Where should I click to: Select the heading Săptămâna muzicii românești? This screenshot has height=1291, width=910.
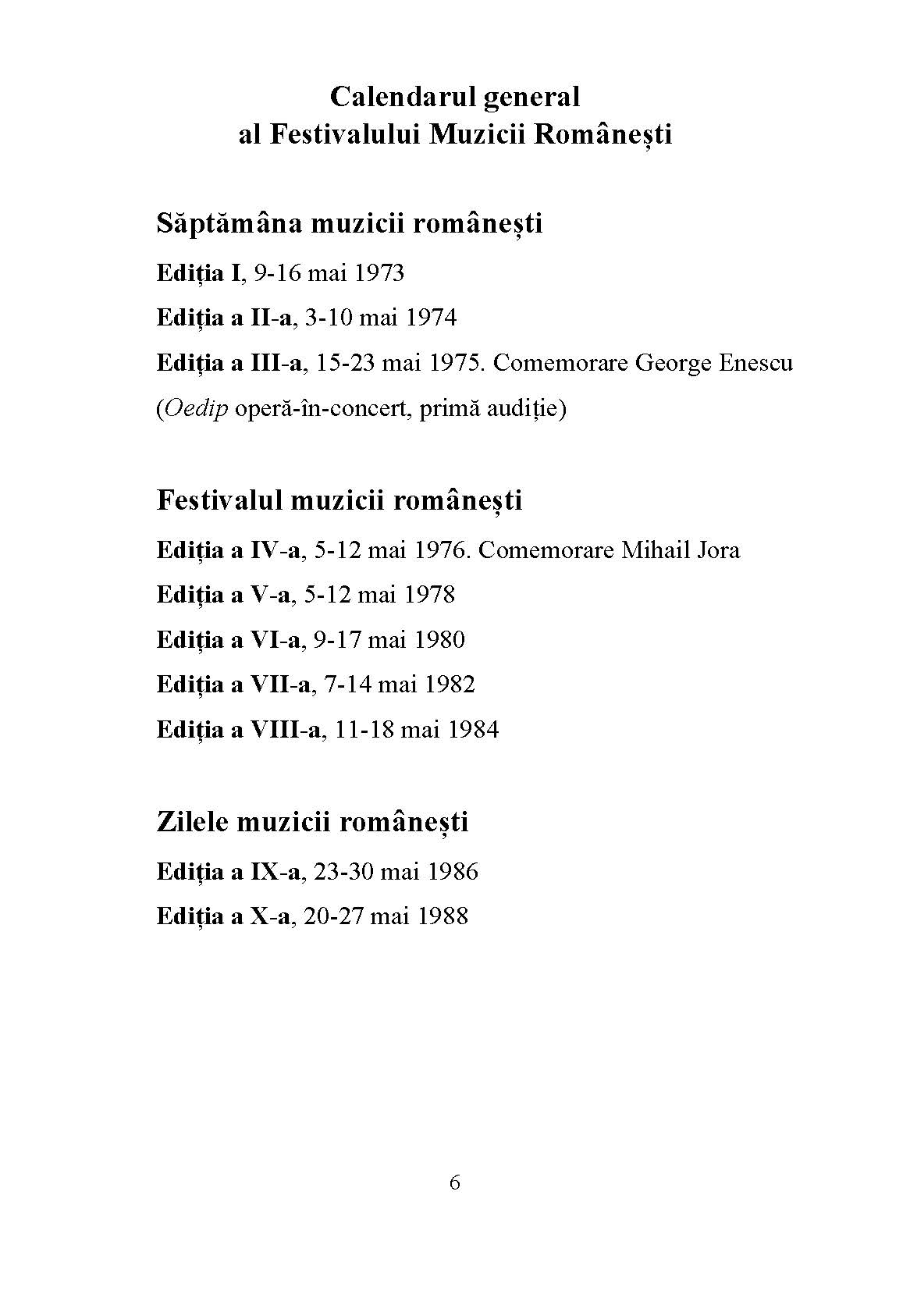[349, 224]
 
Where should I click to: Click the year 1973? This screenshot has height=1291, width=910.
[379, 273]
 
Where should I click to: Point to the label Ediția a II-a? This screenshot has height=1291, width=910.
[224, 318]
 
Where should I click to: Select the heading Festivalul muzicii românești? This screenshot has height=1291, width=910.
[339, 500]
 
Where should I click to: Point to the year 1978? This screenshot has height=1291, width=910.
[429, 595]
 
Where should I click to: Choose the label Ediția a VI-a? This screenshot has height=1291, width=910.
[228, 640]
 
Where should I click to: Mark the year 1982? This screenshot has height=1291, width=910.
[450, 685]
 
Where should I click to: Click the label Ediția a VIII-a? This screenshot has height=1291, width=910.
[239, 730]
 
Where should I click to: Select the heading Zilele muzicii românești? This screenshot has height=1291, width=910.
[312, 822]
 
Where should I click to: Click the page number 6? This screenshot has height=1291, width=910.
[455, 1183]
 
